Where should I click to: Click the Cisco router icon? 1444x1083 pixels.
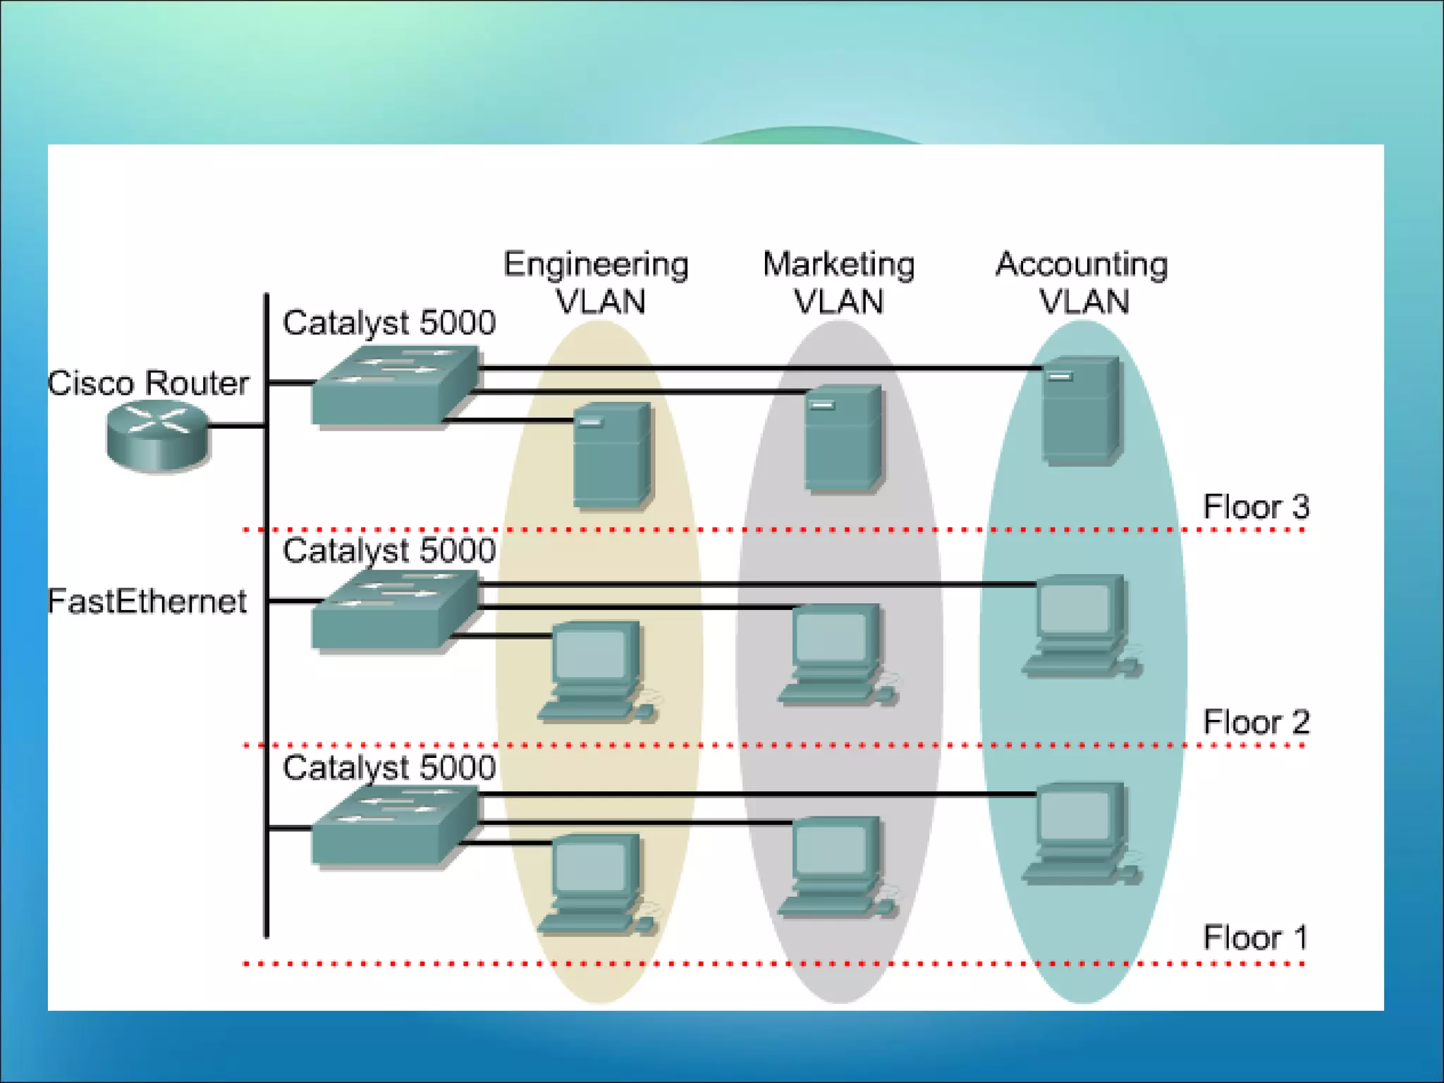pyautogui.click(x=158, y=434)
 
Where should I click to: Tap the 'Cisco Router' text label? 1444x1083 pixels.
pyautogui.click(x=148, y=383)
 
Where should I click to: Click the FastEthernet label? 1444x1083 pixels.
pyautogui.click(x=147, y=601)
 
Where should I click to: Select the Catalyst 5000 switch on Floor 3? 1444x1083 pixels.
pyautogui.click(x=393, y=385)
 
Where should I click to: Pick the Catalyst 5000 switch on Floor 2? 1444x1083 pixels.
pyautogui.click(x=393, y=609)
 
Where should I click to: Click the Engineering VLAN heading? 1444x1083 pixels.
pyautogui.click(x=596, y=282)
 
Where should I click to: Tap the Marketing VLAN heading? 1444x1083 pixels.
pyautogui.click(x=838, y=282)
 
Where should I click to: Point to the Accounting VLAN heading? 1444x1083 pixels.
pyautogui.click(x=1082, y=282)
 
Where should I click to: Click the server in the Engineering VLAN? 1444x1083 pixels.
pyautogui.click(x=611, y=455)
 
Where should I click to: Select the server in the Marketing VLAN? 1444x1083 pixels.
pyautogui.click(x=843, y=437)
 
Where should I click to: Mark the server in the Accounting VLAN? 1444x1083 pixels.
pyautogui.click(x=1080, y=410)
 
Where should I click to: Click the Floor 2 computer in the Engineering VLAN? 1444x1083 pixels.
pyautogui.click(x=596, y=670)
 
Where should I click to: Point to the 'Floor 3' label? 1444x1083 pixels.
pyautogui.click(x=1255, y=506)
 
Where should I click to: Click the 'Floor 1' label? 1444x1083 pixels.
pyautogui.click(x=1255, y=937)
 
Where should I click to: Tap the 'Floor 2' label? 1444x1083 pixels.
pyautogui.click(x=1255, y=722)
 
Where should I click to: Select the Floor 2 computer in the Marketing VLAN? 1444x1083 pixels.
pyautogui.click(x=836, y=653)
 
